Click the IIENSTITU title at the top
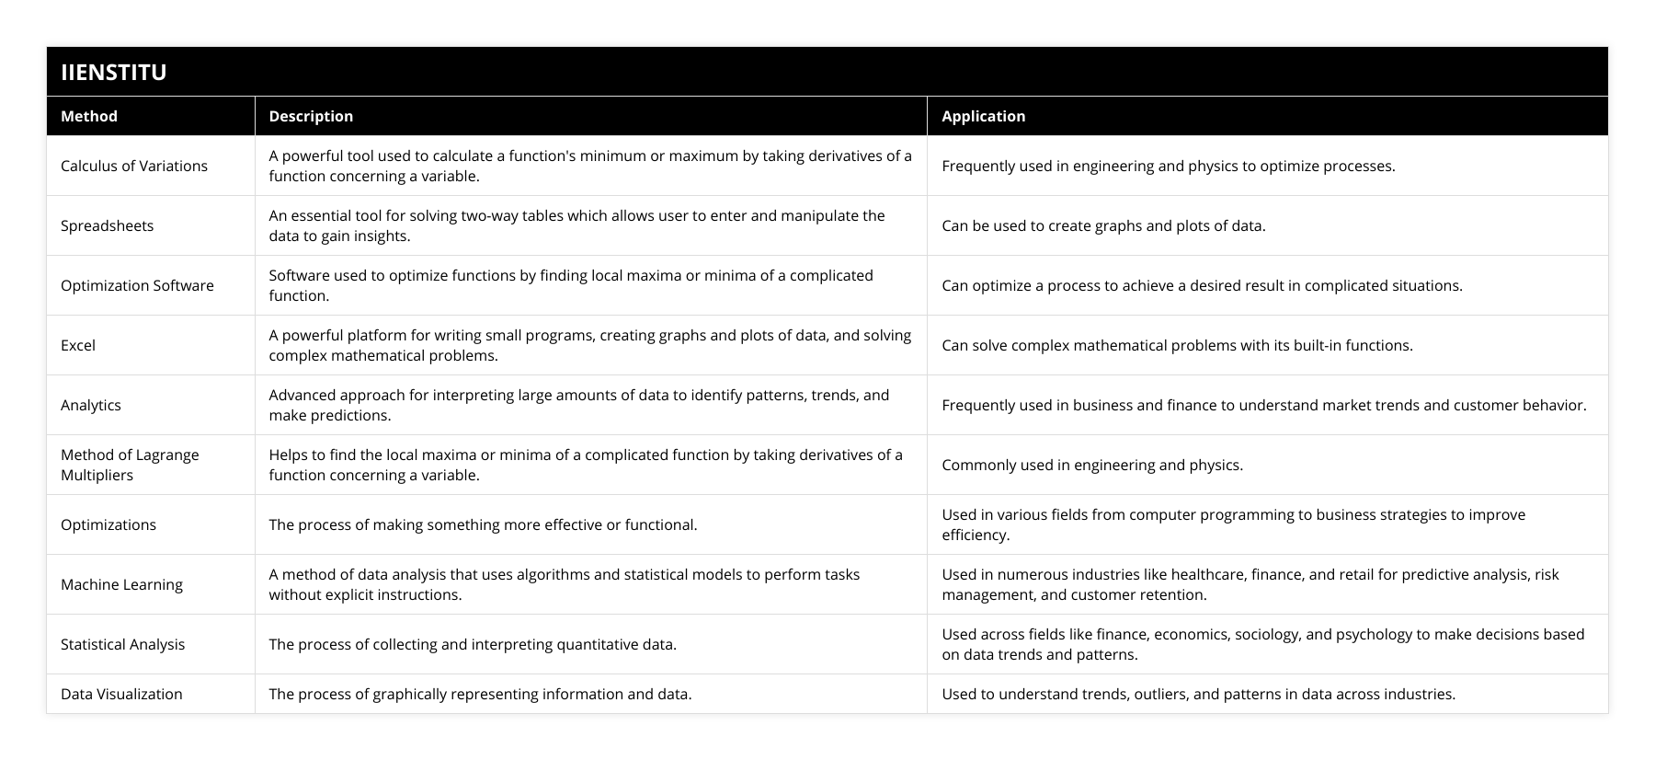pos(113,72)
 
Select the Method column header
pos(89,116)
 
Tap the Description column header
pos(311,116)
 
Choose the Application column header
pos(983,116)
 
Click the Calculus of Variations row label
pos(134,166)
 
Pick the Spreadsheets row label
pos(107,225)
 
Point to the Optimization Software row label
pos(137,285)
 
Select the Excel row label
pos(78,345)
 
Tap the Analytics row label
pos(91,405)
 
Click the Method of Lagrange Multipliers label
pos(130,465)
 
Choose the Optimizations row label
pos(108,524)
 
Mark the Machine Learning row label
pos(121,584)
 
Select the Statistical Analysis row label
pos(122,644)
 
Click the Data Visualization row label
pos(121,694)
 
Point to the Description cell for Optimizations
pos(483,524)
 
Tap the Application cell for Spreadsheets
pos(1103,225)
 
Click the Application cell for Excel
pos(1177,345)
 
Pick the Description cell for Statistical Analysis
pos(473,644)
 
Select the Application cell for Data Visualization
pos(1198,694)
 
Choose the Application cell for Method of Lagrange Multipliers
pos(1092,465)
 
